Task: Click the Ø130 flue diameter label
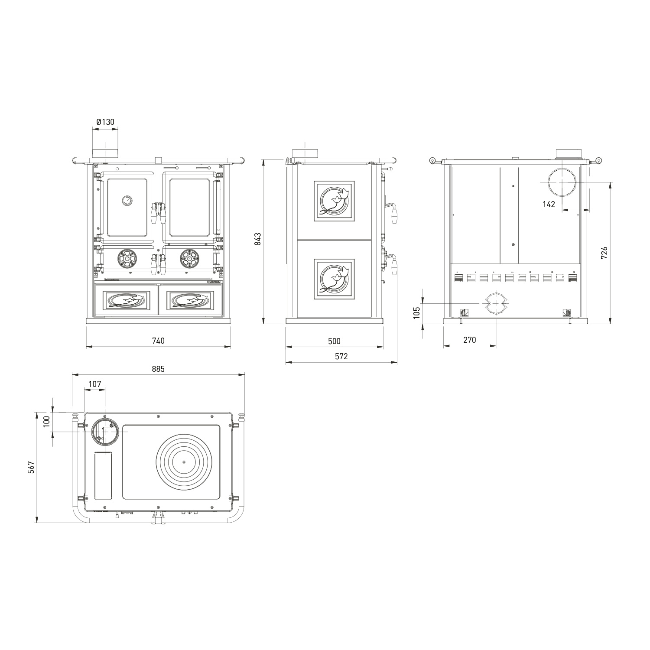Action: pyautogui.click(x=105, y=122)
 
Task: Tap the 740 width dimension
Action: pyautogui.click(x=159, y=341)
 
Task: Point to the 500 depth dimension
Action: pyautogui.click(x=334, y=341)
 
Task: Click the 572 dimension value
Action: pyautogui.click(x=341, y=357)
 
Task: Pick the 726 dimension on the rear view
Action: pyautogui.click(x=604, y=253)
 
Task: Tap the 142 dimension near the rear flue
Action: pyautogui.click(x=549, y=204)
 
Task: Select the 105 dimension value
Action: pyautogui.click(x=416, y=312)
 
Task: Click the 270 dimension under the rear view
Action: pyautogui.click(x=469, y=340)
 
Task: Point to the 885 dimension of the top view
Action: pyautogui.click(x=158, y=369)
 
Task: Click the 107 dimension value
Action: pyautogui.click(x=94, y=384)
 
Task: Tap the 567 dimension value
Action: pyautogui.click(x=31, y=467)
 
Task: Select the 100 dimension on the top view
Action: pyautogui.click(x=47, y=421)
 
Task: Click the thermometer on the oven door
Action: pyautogui.click(x=127, y=201)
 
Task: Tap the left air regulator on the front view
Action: pyautogui.click(x=127, y=259)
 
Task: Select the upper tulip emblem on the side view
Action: pyautogui.click(x=334, y=201)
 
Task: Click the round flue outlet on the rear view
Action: pyautogui.click(x=563, y=182)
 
